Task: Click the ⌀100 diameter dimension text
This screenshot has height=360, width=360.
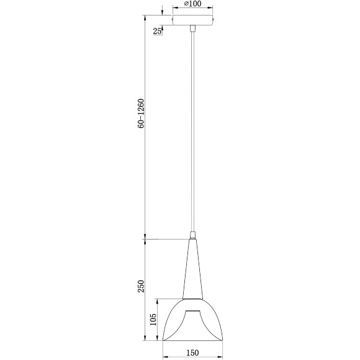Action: click(x=192, y=4)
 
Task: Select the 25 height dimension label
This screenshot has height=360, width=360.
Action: click(x=157, y=31)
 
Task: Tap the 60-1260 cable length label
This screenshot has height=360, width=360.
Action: click(x=142, y=114)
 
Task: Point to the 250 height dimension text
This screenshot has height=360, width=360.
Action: click(x=142, y=286)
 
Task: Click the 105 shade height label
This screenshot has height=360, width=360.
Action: click(x=153, y=320)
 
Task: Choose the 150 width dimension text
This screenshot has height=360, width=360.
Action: click(x=192, y=353)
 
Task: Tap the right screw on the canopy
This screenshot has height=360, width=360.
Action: click(x=214, y=20)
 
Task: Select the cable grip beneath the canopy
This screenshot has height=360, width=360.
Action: click(x=193, y=29)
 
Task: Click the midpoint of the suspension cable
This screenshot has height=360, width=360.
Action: click(x=193, y=130)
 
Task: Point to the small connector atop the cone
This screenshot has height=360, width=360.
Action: click(x=193, y=235)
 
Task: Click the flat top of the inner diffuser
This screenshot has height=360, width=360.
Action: click(x=193, y=308)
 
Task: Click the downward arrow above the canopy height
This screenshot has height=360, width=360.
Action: click(x=162, y=11)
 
